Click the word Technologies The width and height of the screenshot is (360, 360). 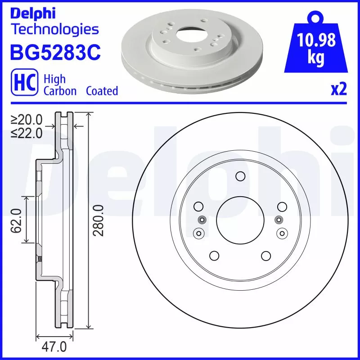pyautogui.click(x=54, y=30)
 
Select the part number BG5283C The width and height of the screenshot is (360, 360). pyautogui.click(x=54, y=53)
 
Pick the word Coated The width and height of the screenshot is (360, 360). pyautogui.click(x=102, y=91)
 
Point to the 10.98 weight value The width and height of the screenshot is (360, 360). pyautogui.click(x=316, y=41)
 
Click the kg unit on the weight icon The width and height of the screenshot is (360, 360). pyautogui.click(x=316, y=58)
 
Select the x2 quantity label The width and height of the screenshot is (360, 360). pyautogui.click(x=338, y=90)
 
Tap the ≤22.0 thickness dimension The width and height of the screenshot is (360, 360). pyautogui.click(x=27, y=133)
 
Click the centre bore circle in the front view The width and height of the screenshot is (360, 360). pyautogui.click(x=239, y=220)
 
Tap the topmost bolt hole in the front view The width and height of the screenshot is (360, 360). pyautogui.click(x=239, y=176)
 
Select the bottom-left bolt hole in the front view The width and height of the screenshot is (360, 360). pyautogui.click(x=214, y=256)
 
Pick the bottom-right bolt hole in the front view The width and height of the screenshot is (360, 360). pyautogui.click(x=265, y=256)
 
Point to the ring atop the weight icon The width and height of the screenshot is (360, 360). pyautogui.click(x=316, y=18)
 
